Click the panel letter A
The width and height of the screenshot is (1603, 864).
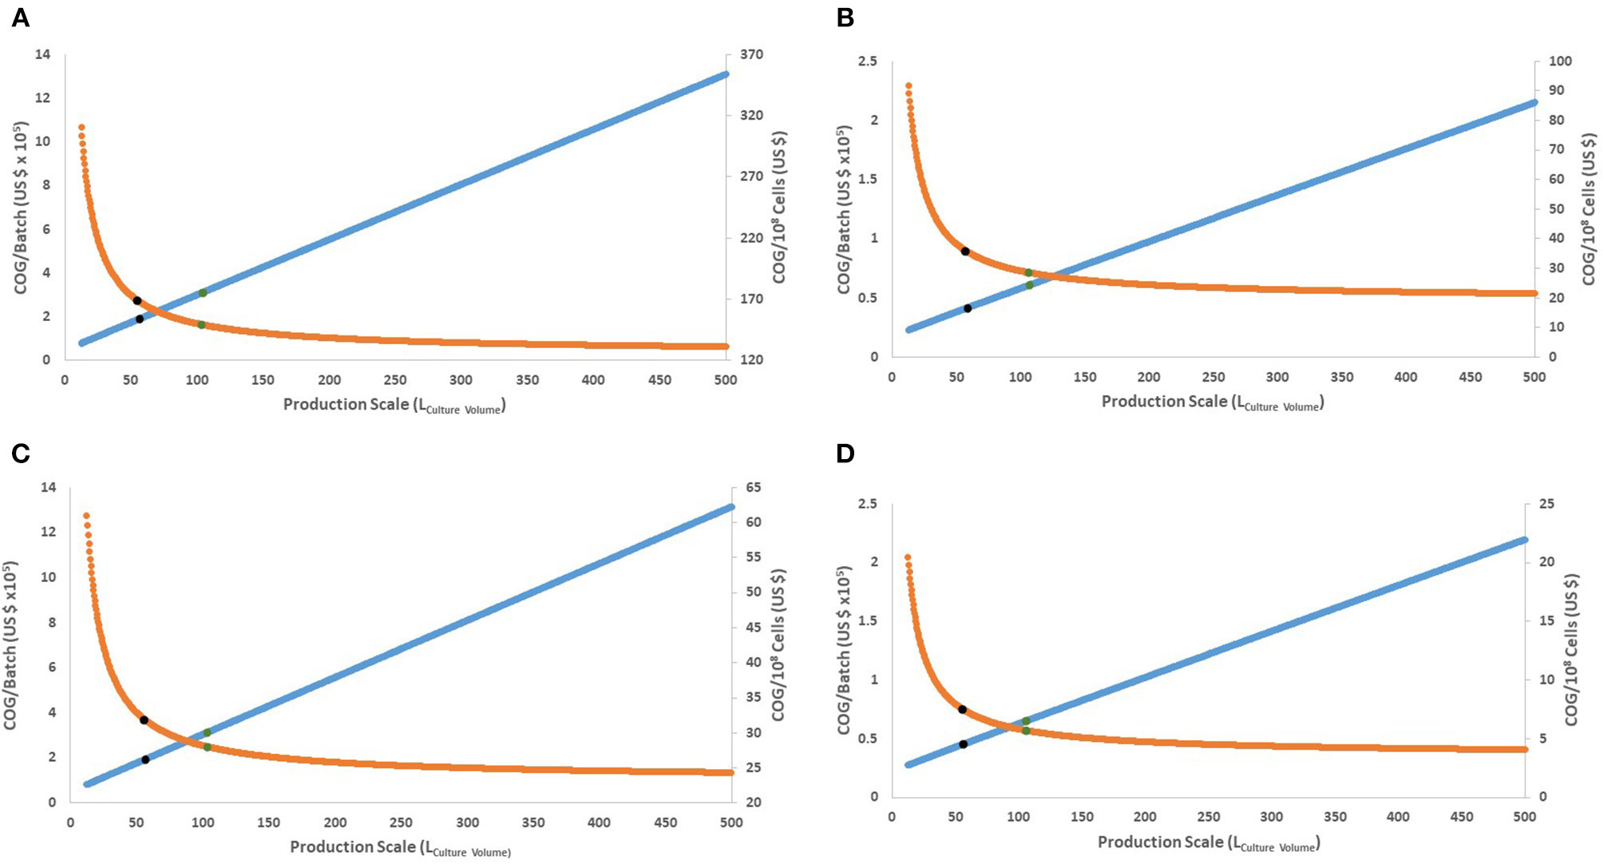(20, 17)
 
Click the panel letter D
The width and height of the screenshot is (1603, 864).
(845, 454)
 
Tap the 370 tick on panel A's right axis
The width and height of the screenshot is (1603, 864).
(751, 54)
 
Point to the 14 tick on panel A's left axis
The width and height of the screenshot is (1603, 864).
(42, 54)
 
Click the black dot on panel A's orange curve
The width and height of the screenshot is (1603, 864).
(137, 301)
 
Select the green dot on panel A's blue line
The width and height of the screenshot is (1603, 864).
(203, 293)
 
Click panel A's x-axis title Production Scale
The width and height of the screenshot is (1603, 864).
(394, 405)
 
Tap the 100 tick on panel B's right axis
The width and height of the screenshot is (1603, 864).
(1560, 61)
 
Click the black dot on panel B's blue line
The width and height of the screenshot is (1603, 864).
(968, 308)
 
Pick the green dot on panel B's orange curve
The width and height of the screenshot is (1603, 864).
(1028, 273)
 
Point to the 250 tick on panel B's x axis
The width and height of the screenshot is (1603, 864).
(1213, 377)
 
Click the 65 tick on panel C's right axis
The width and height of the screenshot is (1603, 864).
(753, 487)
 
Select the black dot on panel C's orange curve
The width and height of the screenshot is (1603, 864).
(144, 720)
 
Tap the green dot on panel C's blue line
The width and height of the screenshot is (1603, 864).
(207, 732)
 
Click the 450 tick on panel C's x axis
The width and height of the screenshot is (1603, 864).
(665, 822)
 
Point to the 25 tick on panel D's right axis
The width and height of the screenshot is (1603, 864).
(1546, 504)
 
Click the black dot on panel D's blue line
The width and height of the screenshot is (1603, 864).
(963, 744)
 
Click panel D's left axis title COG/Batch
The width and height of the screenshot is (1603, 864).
(844, 650)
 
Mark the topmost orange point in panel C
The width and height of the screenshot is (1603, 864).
(86, 516)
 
